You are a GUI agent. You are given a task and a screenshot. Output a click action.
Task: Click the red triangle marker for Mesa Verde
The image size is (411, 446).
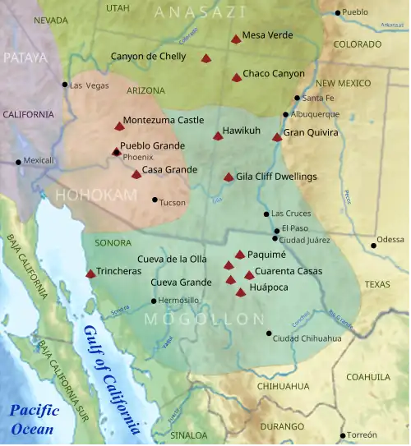tap(236, 39)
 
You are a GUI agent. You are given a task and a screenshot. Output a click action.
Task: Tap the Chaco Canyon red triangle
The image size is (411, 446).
tap(237, 77)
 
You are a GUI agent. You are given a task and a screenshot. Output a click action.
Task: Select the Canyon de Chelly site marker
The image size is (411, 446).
tap(206, 58)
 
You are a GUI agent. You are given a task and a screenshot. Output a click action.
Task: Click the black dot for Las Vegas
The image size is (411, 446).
tap(65, 85)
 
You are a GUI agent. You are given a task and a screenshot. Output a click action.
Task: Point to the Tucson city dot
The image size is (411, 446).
tap(155, 200)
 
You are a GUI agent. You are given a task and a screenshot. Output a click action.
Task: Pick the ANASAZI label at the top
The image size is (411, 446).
tap(201, 11)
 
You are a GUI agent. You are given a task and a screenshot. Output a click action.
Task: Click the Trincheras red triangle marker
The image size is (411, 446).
tap(90, 274)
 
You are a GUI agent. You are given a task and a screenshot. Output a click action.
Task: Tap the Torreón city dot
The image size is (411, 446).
tap(343, 435)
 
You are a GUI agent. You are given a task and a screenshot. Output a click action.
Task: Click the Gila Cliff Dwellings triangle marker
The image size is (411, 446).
tap(229, 177)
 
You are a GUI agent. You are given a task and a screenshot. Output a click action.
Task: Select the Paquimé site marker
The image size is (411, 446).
tap(240, 255)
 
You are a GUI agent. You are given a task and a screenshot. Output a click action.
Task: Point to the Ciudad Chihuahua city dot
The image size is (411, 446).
tap(269, 333)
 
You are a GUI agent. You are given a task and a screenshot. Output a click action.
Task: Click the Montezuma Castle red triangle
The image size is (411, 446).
tap(119, 126)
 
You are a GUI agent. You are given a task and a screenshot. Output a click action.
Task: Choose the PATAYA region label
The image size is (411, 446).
tap(25, 57)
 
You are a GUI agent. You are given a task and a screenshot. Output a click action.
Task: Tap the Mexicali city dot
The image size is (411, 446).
tap(18, 162)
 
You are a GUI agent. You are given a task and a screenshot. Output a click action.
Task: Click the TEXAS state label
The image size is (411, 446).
tap(378, 284)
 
